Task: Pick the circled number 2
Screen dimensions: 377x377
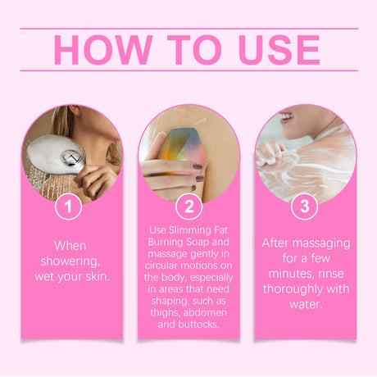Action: [x=188, y=206]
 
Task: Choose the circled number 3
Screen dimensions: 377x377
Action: [x=305, y=206]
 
